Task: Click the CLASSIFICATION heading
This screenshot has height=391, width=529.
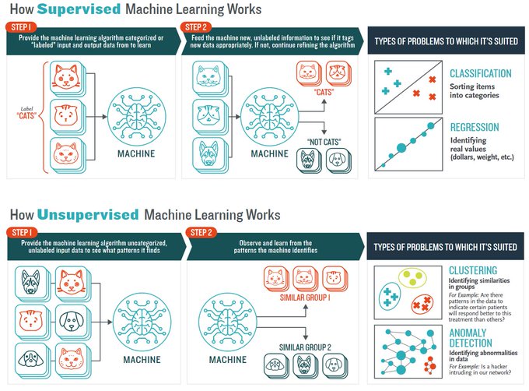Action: (480, 74)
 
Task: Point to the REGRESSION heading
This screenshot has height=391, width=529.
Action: (474, 127)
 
